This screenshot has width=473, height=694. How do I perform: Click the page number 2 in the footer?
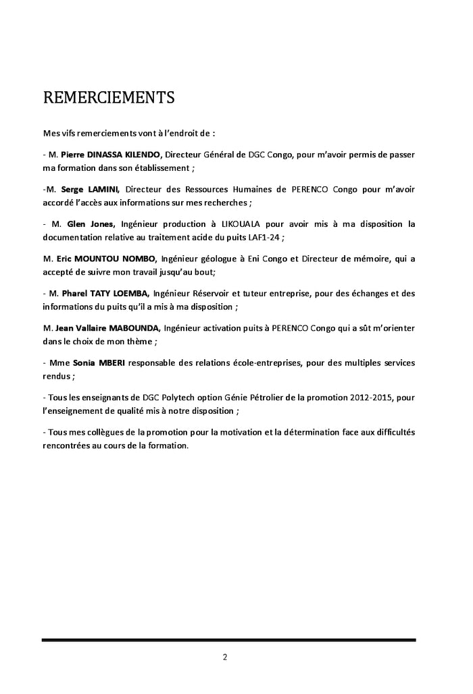click(225, 656)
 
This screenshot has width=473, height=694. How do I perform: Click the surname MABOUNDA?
click(131, 328)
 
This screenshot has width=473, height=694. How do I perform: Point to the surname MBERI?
click(123, 363)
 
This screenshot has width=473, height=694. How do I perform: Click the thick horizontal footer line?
click(228, 639)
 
